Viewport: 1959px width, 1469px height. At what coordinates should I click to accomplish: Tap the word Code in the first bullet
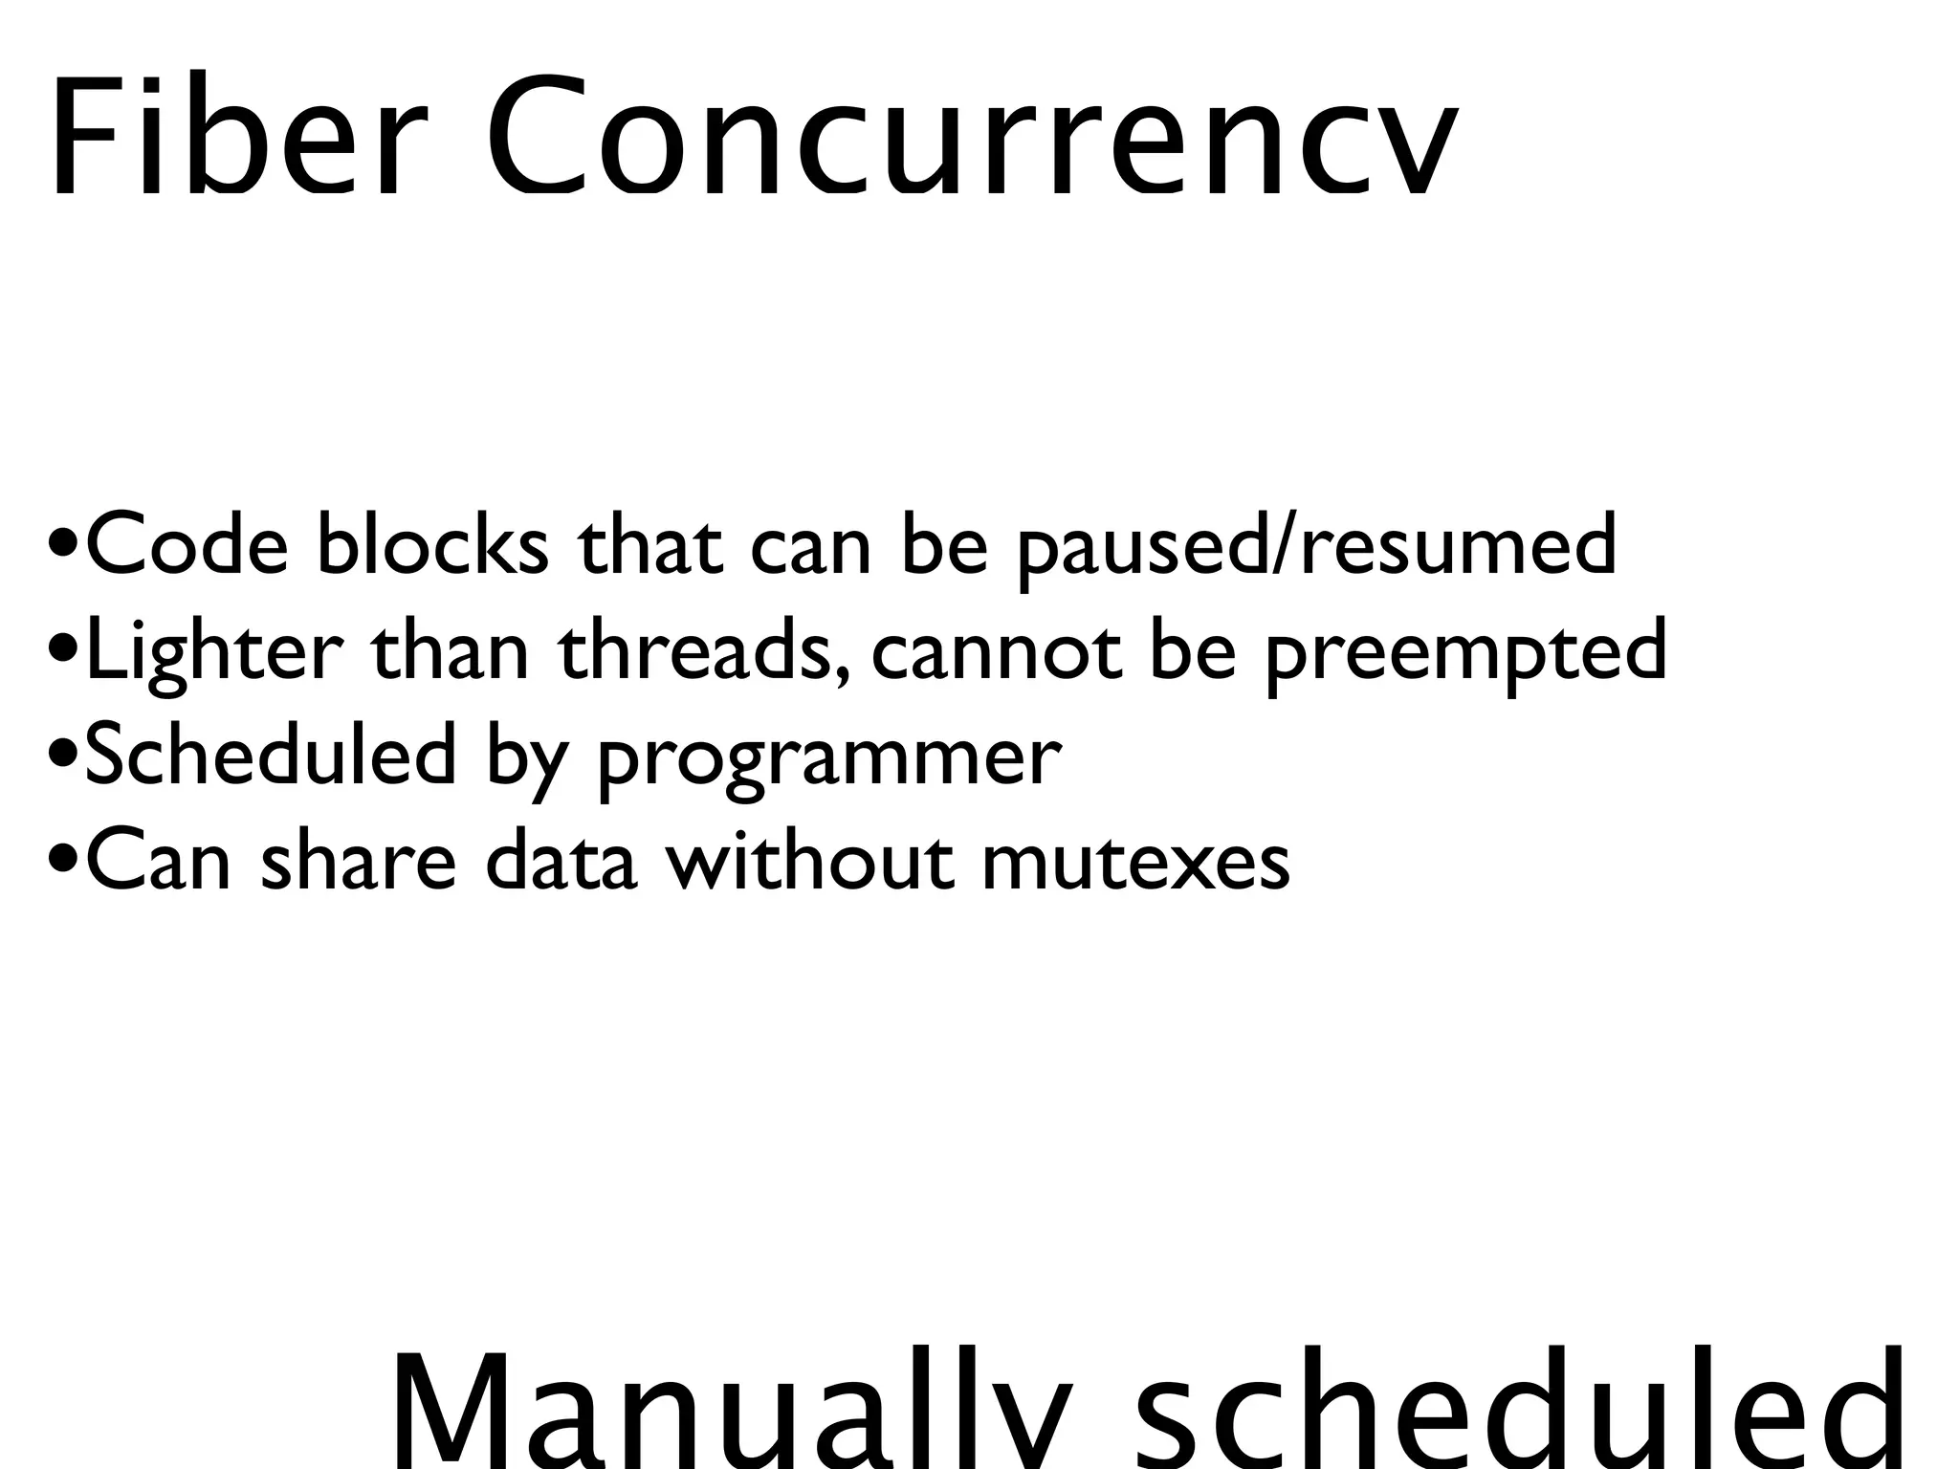pos(187,546)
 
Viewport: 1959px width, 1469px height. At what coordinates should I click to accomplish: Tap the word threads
pos(702,650)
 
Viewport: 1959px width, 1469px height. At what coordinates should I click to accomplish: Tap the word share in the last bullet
pos(358,860)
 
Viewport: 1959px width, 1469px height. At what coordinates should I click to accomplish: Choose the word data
pos(561,860)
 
